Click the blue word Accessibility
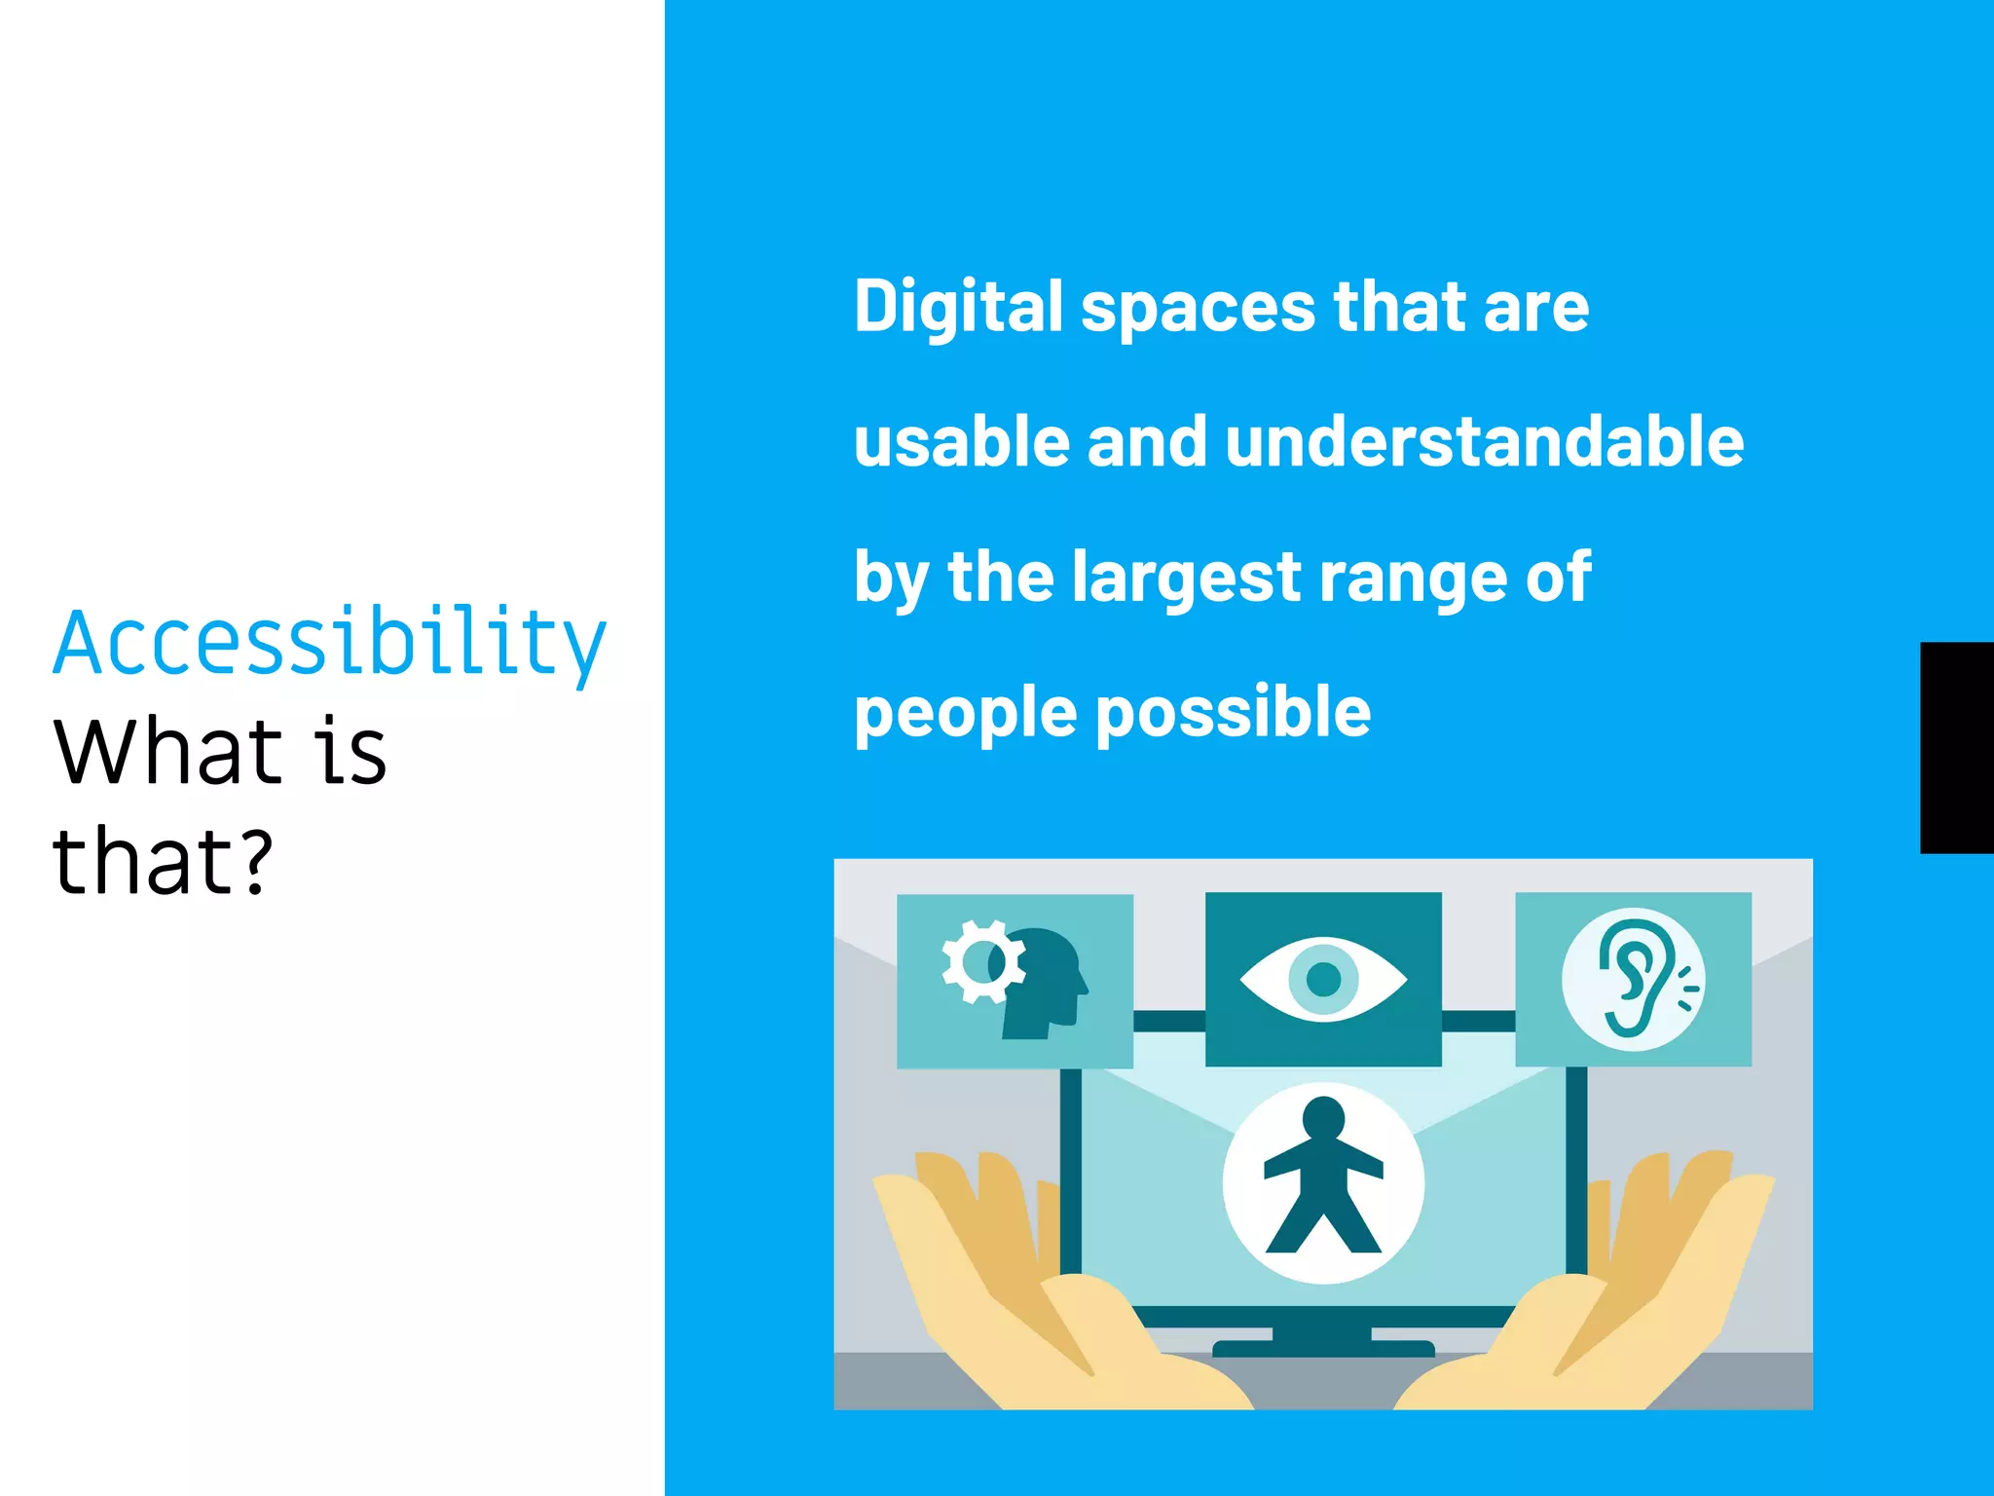329,643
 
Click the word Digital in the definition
958,307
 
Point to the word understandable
1485,442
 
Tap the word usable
961,442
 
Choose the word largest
1186,578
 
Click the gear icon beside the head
981,961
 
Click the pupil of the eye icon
1323,979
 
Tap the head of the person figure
1323,1117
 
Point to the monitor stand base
1323,1348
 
